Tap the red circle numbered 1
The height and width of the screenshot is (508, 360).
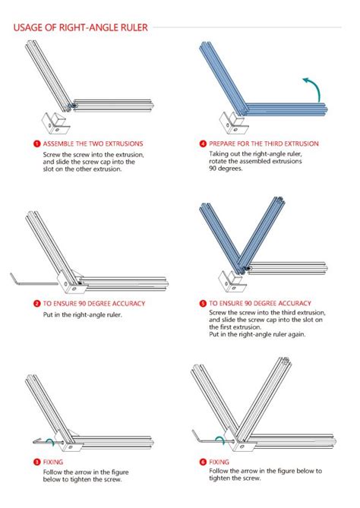point(36,143)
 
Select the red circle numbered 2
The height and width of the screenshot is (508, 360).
point(36,303)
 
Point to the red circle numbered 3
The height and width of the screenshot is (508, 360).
point(36,462)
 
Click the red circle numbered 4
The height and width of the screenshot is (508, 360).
point(203,143)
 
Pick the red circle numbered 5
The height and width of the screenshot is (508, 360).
point(203,303)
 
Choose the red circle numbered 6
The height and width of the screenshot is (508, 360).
point(203,462)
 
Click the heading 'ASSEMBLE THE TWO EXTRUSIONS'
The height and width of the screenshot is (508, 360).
point(93,143)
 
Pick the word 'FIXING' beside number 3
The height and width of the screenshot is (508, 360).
point(53,462)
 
